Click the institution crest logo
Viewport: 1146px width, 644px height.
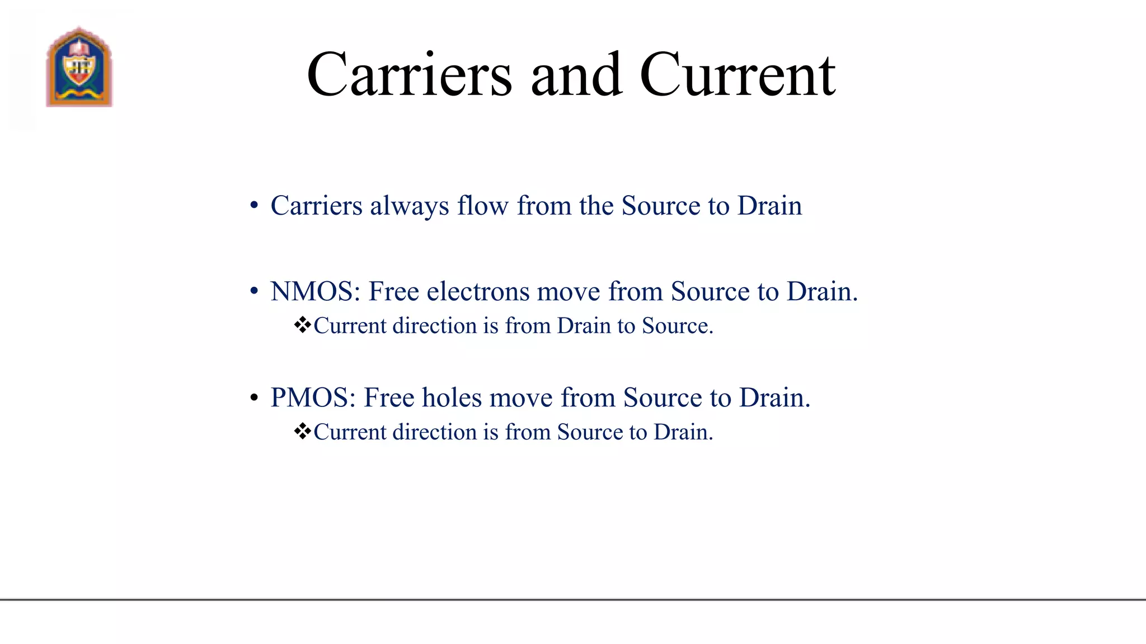coord(79,67)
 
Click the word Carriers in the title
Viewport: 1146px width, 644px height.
coord(409,75)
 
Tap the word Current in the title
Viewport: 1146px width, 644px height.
coord(738,75)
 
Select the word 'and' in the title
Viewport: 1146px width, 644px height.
coord(576,75)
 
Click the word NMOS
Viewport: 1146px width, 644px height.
coord(315,292)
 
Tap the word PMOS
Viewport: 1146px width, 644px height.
coord(313,398)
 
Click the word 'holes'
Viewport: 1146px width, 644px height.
coord(452,398)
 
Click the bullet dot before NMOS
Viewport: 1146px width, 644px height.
coord(255,292)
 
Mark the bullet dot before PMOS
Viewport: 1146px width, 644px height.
coord(255,398)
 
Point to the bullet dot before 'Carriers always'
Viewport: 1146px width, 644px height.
coord(255,206)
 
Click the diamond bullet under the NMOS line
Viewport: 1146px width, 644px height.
coord(302,325)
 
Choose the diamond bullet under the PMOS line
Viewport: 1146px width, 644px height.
coord(302,432)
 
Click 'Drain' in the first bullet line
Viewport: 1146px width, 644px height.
coord(769,206)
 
